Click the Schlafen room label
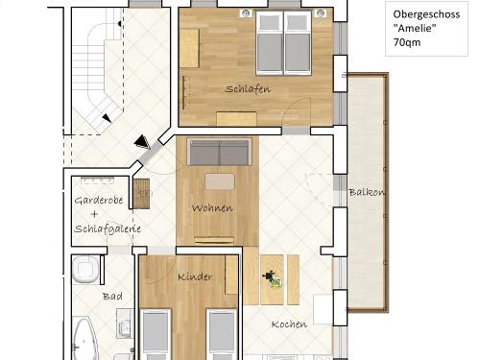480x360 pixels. coord(248,88)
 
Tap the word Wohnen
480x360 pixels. coord(211,207)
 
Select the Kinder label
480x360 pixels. coord(195,276)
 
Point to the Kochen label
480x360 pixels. coord(288,324)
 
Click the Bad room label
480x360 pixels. coord(112,297)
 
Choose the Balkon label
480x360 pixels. coord(367,192)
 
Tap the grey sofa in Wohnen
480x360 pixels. coord(219,152)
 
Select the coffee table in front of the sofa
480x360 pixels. coord(218,181)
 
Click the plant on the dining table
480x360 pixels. coord(274,280)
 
